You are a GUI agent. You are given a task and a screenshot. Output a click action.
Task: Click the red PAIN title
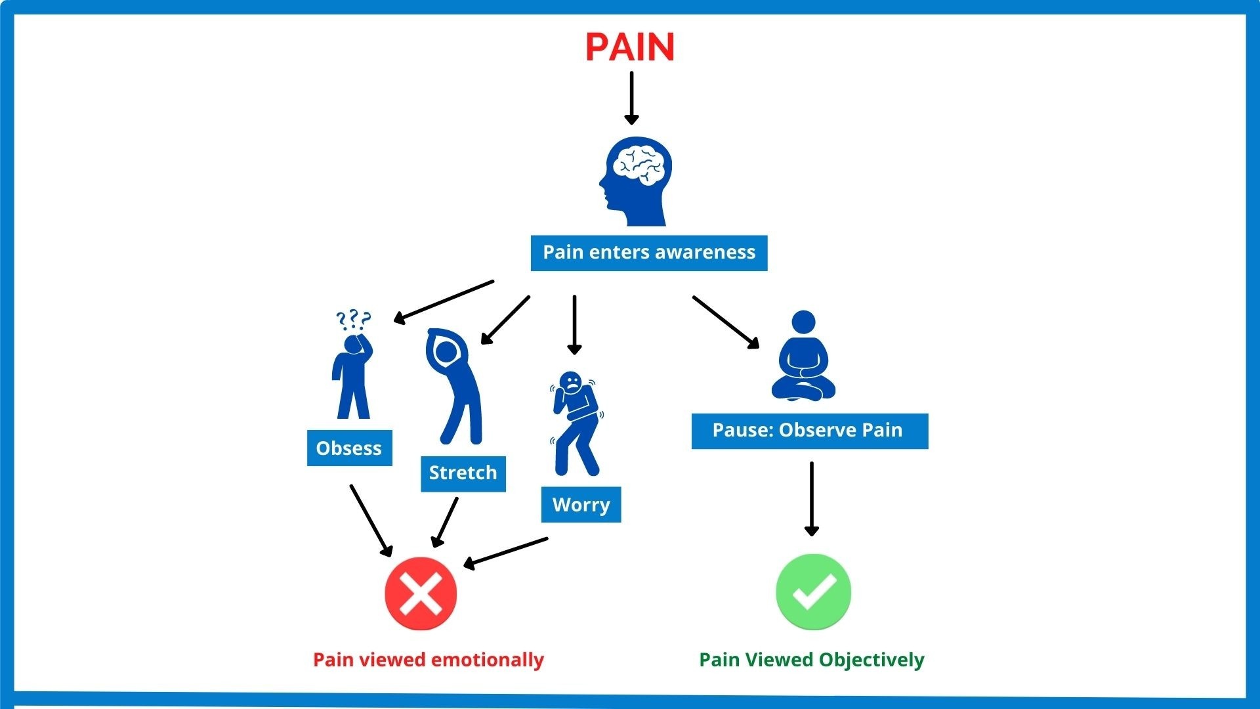(x=630, y=47)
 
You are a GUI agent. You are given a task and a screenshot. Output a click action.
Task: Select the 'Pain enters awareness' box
(x=649, y=253)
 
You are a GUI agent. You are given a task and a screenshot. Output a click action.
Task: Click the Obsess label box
(x=349, y=448)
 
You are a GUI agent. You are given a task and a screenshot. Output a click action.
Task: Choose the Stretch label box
(x=463, y=473)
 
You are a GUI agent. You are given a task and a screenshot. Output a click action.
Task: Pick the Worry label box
(x=581, y=505)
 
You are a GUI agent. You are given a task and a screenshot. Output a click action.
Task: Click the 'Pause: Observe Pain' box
(x=809, y=431)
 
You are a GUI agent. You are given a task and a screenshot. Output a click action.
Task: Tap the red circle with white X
(x=421, y=593)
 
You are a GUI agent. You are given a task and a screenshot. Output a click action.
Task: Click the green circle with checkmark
(x=813, y=591)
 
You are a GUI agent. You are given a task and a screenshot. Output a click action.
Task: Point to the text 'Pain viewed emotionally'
(x=429, y=660)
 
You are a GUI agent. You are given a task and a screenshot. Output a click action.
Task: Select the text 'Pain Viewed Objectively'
(x=811, y=660)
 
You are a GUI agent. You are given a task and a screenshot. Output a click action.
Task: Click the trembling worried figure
(x=576, y=423)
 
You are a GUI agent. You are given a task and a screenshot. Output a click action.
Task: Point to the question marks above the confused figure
(x=353, y=320)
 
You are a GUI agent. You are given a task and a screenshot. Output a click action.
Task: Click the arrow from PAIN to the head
(x=631, y=97)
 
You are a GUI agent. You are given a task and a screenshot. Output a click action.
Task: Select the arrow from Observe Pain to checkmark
(x=812, y=499)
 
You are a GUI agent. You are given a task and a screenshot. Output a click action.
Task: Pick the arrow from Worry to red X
(x=505, y=552)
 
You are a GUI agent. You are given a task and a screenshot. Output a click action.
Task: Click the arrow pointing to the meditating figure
(x=726, y=322)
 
